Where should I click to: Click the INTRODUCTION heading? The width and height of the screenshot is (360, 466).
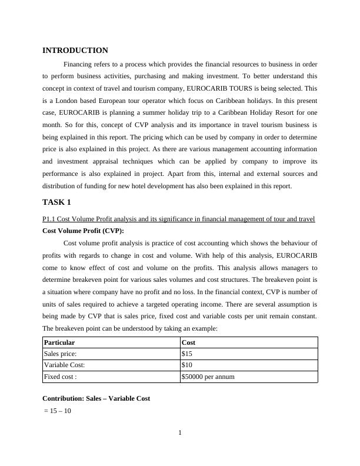click(x=75, y=51)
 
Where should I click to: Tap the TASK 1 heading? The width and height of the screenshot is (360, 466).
click(x=56, y=202)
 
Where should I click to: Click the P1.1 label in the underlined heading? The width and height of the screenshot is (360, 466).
click(x=49, y=219)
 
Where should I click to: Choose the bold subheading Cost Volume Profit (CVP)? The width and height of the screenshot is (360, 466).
click(x=84, y=231)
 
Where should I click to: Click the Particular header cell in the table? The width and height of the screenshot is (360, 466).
click(x=60, y=342)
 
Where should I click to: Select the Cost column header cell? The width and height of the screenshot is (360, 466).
click(x=189, y=342)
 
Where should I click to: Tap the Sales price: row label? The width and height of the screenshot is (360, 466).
click(x=61, y=354)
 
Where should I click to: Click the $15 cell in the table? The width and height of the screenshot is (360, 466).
click(x=188, y=354)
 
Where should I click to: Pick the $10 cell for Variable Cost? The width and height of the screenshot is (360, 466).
click(x=188, y=365)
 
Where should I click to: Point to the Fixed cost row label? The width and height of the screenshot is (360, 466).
click(x=61, y=377)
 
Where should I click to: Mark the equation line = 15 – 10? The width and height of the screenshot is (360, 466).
click(x=58, y=411)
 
